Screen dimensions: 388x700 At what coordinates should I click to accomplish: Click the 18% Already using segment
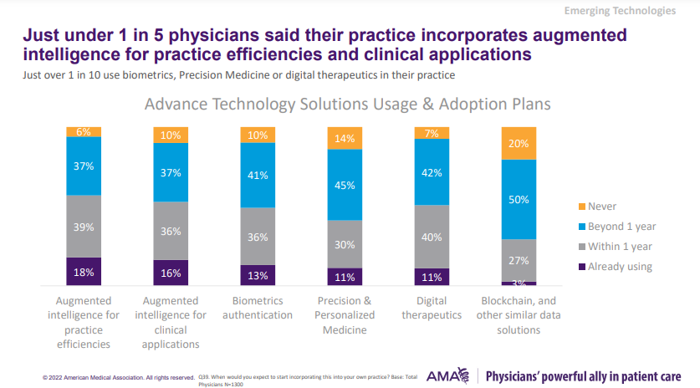click(x=84, y=272)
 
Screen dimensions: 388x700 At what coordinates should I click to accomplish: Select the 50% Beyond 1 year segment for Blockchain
click(x=519, y=199)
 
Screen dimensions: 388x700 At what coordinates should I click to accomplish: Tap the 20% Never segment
click(x=519, y=143)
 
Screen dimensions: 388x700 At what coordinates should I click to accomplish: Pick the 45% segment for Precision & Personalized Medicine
click(x=345, y=185)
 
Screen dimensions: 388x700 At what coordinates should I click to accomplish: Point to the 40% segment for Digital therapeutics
click(x=432, y=237)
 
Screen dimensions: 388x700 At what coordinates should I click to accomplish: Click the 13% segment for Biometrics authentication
click(x=258, y=275)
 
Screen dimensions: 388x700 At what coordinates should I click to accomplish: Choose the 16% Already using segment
click(x=171, y=273)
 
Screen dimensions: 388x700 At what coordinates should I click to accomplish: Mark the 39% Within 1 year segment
click(x=84, y=226)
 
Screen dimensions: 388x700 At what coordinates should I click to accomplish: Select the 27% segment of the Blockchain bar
click(x=519, y=260)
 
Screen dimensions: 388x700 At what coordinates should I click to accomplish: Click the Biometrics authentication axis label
click(x=258, y=308)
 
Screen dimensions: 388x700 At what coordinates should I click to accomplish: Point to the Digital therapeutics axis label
click(x=432, y=308)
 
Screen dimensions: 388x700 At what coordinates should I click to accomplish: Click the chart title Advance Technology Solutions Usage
click(x=347, y=105)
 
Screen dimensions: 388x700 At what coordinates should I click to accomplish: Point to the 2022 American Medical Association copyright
click(x=118, y=377)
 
